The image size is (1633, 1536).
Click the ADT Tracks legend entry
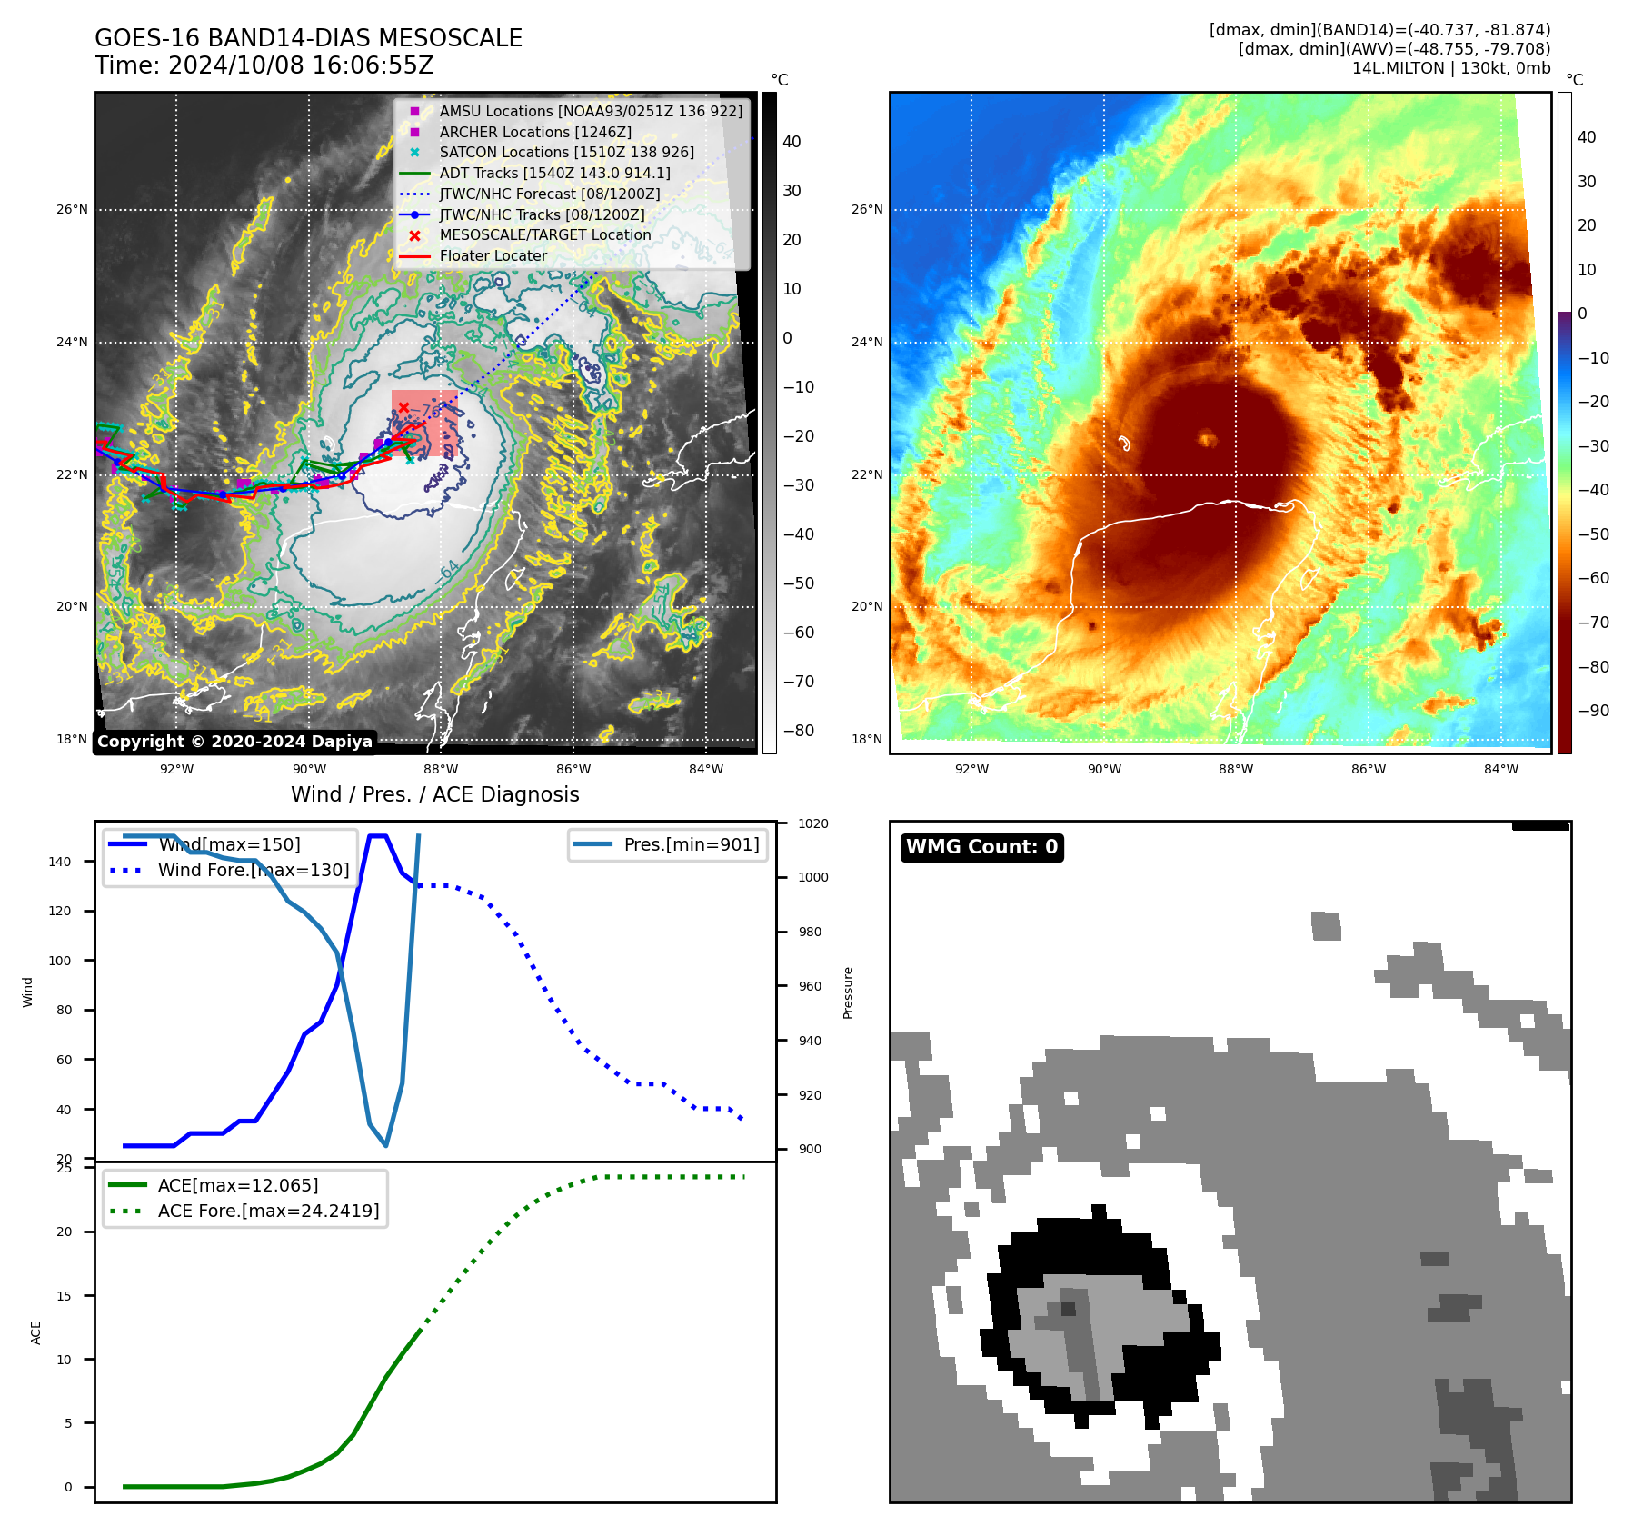(554, 173)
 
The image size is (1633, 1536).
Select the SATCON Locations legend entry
(566, 152)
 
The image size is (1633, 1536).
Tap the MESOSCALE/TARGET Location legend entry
(545, 234)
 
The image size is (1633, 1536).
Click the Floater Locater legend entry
(493, 255)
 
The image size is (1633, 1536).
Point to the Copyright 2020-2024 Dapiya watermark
(234, 742)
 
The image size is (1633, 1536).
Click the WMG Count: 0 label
(981, 847)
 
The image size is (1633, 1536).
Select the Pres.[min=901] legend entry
(691, 844)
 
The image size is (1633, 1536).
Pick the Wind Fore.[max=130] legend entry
(254, 870)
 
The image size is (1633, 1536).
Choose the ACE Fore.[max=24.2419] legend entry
(268, 1211)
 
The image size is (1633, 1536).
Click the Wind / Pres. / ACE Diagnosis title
(434, 794)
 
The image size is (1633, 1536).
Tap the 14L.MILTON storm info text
(1450, 68)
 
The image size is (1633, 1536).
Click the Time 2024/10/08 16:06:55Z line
(264, 65)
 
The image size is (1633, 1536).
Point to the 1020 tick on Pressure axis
(812, 823)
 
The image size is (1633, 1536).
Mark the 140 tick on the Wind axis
(60, 862)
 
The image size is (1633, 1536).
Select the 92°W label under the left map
(176, 769)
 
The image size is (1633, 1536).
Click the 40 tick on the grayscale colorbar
(792, 142)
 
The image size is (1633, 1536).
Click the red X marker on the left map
(403, 408)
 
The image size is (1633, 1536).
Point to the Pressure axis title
(848, 992)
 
